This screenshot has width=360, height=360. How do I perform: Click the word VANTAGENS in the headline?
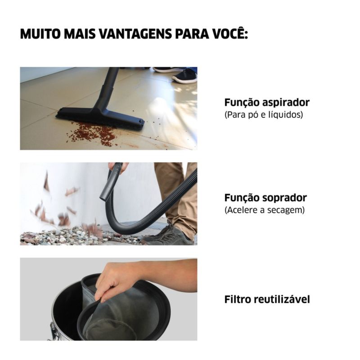[x=136, y=34]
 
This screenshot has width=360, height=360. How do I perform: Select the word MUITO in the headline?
[x=40, y=34]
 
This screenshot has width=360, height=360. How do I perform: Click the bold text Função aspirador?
[x=267, y=103]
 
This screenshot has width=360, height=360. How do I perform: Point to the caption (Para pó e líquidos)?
[x=264, y=114]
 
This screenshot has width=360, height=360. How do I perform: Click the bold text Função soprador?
[x=265, y=198]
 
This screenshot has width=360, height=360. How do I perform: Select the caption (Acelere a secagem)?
[x=265, y=210]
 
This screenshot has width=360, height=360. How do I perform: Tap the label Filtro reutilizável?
[x=267, y=299]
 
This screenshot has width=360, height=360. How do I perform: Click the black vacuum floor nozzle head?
[x=100, y=117]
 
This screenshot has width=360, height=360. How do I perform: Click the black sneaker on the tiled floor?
[x=185, y=76]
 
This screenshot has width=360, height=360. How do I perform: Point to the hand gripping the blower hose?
[x=119, y=167]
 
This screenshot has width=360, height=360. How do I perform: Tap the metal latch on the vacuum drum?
[x=52, y=329]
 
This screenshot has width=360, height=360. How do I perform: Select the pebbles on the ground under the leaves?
[x=69, y=237]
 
